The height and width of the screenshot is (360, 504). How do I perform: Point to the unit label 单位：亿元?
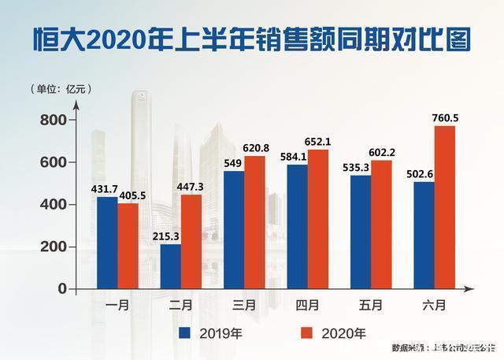point(61,88)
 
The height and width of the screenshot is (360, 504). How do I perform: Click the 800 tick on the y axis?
point(56,120)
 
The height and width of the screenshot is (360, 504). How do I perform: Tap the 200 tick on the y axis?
point(56,247)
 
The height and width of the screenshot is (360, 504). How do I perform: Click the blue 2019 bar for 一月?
point(106,243)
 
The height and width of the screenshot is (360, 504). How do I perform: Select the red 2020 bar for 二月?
point(191,241)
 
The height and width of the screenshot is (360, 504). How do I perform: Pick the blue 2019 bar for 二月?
point(170,266)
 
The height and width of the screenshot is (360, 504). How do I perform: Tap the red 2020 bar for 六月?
point(445,208)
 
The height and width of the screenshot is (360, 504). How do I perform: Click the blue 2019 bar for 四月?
point(296,226)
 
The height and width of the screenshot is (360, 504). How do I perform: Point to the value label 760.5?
point(445,118)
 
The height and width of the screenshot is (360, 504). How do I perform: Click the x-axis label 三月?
point(244,303)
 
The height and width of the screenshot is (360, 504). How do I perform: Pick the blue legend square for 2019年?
point(185,332)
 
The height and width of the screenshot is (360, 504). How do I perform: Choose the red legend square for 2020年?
point(308,332)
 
